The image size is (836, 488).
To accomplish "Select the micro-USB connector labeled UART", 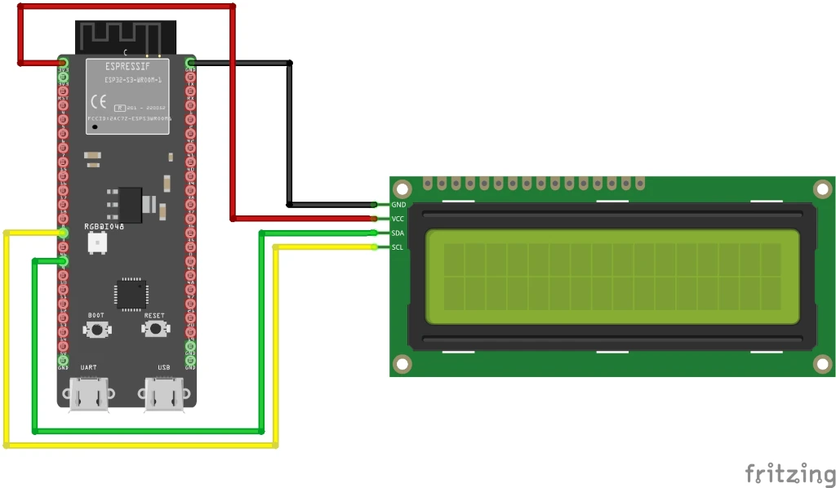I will pyautogui.click(x=88, y=393).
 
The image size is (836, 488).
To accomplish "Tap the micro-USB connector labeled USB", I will pyautogui.click(x=163, y=393).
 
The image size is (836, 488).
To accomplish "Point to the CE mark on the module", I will pyautogui.click(x=98, y=102).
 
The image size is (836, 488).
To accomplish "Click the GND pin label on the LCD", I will pyautogui.click(x=398, y=205).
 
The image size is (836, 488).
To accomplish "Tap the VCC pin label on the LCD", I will pyautogui.click(x=398, y=219).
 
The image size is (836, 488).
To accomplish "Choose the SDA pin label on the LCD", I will pyautogui.click(x=398, y=233).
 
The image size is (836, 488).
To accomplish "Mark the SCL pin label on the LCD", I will pyautogui.click(x=398, y=246).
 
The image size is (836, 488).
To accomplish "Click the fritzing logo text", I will pyautogui.click(x=789, y=472).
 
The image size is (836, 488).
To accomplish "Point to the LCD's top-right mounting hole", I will pyautogui.click(x=822, y=189).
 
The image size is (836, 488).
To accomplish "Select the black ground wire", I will pyautogui.click(x=289, y=131).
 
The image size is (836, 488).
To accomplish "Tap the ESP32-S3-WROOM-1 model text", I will pyautogui.click(x=135, y=81).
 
